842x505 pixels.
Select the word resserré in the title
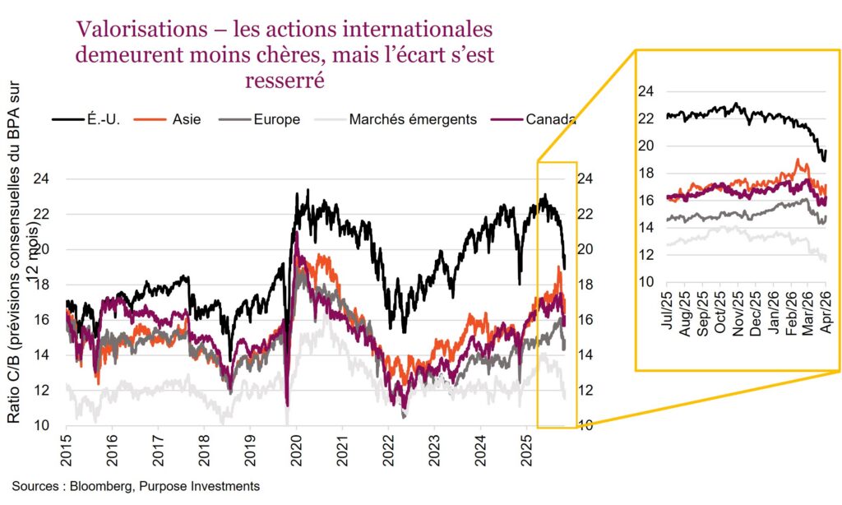point(285,80)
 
